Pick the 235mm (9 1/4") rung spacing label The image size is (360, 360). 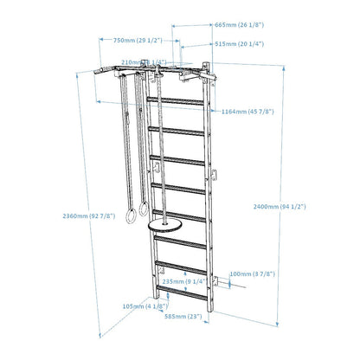point(182,281)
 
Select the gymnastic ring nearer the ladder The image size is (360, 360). point(143,210)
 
